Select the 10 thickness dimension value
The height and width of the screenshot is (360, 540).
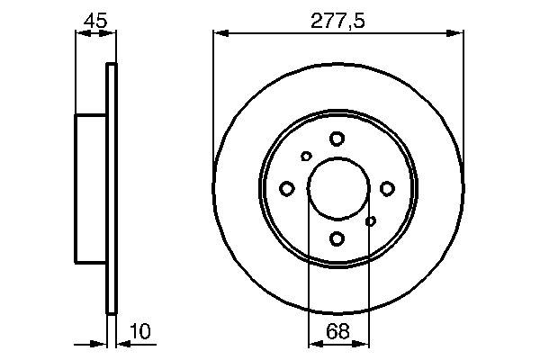(x=139, y=332)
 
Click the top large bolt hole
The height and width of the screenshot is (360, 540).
(x=337, y=139)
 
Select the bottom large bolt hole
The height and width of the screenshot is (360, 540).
(x=337, y=238)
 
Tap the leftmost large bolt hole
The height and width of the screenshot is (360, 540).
(x=288, y=188)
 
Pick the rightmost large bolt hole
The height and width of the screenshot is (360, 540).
(x=387, y=188)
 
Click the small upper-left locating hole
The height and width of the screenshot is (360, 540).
(x=306, y=157)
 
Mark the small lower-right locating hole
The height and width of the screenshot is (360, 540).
(x=370, y=220)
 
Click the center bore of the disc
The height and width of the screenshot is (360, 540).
(x=337, y=188)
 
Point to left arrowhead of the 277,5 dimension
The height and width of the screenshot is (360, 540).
(x=219, y=34)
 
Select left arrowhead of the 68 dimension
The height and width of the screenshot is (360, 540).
(x=313, y=343)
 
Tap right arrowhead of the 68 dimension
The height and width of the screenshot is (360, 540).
(x=362, y=343)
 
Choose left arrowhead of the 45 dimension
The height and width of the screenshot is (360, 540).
(x=79, y=34)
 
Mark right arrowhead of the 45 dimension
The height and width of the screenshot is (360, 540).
(x=111, y=34)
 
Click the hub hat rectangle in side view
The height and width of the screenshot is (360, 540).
(x=90, y=188)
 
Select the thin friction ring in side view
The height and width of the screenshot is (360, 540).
(x=112, y=188)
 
